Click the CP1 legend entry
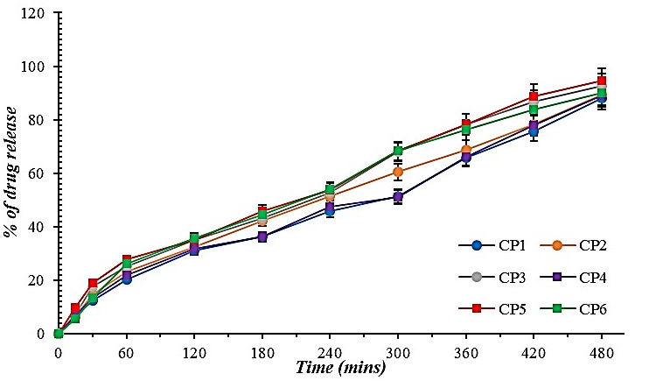coord(512,244)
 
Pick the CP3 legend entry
coord(512,277)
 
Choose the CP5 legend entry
coord(512,308)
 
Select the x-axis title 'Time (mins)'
coord(340,366)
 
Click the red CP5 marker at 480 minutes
coord(602,81)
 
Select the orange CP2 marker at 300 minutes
coord(398,172)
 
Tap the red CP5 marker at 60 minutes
coord(127,260)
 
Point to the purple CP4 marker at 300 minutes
coord(398,197)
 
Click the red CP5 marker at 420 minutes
coord(534,97)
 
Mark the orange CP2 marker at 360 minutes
coord(466,151)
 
